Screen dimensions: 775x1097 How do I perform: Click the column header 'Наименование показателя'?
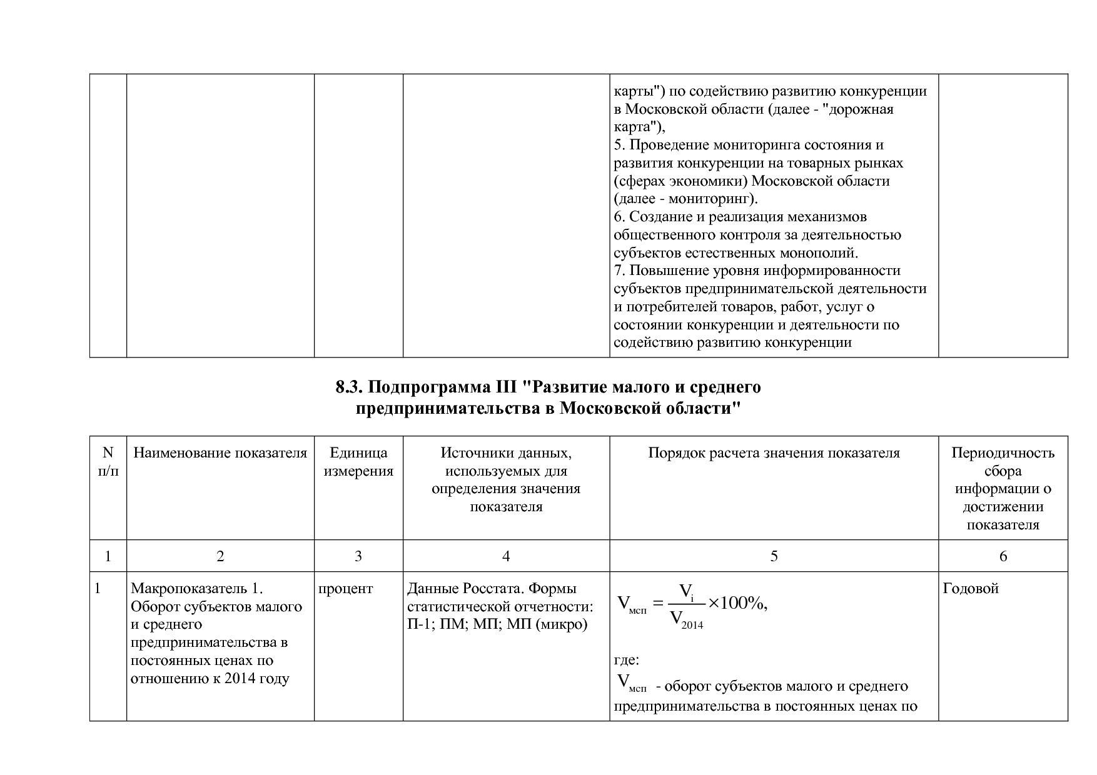click(x=220, y=453)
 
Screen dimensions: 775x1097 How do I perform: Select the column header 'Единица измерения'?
click(x=358, y=462)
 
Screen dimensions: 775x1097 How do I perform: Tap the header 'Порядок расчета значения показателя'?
click(x=774, y=453)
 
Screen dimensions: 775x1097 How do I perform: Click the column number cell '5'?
click(x=774, y=556)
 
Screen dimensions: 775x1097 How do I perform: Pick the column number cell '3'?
click(x=358, y=556)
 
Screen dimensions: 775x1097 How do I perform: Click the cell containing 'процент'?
click(x=346, y=589)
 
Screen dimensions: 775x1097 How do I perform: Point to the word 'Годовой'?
click(x=971, y=589)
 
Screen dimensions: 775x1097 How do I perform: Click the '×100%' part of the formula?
click(x=737, y=603)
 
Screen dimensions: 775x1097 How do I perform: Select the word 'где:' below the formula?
click(x=626, y=660)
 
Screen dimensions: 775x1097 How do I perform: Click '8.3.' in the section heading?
click(x=350, y=387)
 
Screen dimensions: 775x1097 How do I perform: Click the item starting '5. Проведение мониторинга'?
click(x=748, y=145)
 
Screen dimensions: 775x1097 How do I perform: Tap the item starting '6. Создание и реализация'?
click(x=740, y=217)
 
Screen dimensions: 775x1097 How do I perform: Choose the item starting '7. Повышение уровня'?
click(x=757, y=271)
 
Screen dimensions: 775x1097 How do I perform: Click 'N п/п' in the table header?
click(x=108, y=462)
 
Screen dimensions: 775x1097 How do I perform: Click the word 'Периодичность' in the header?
click(x=1003, y=453)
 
